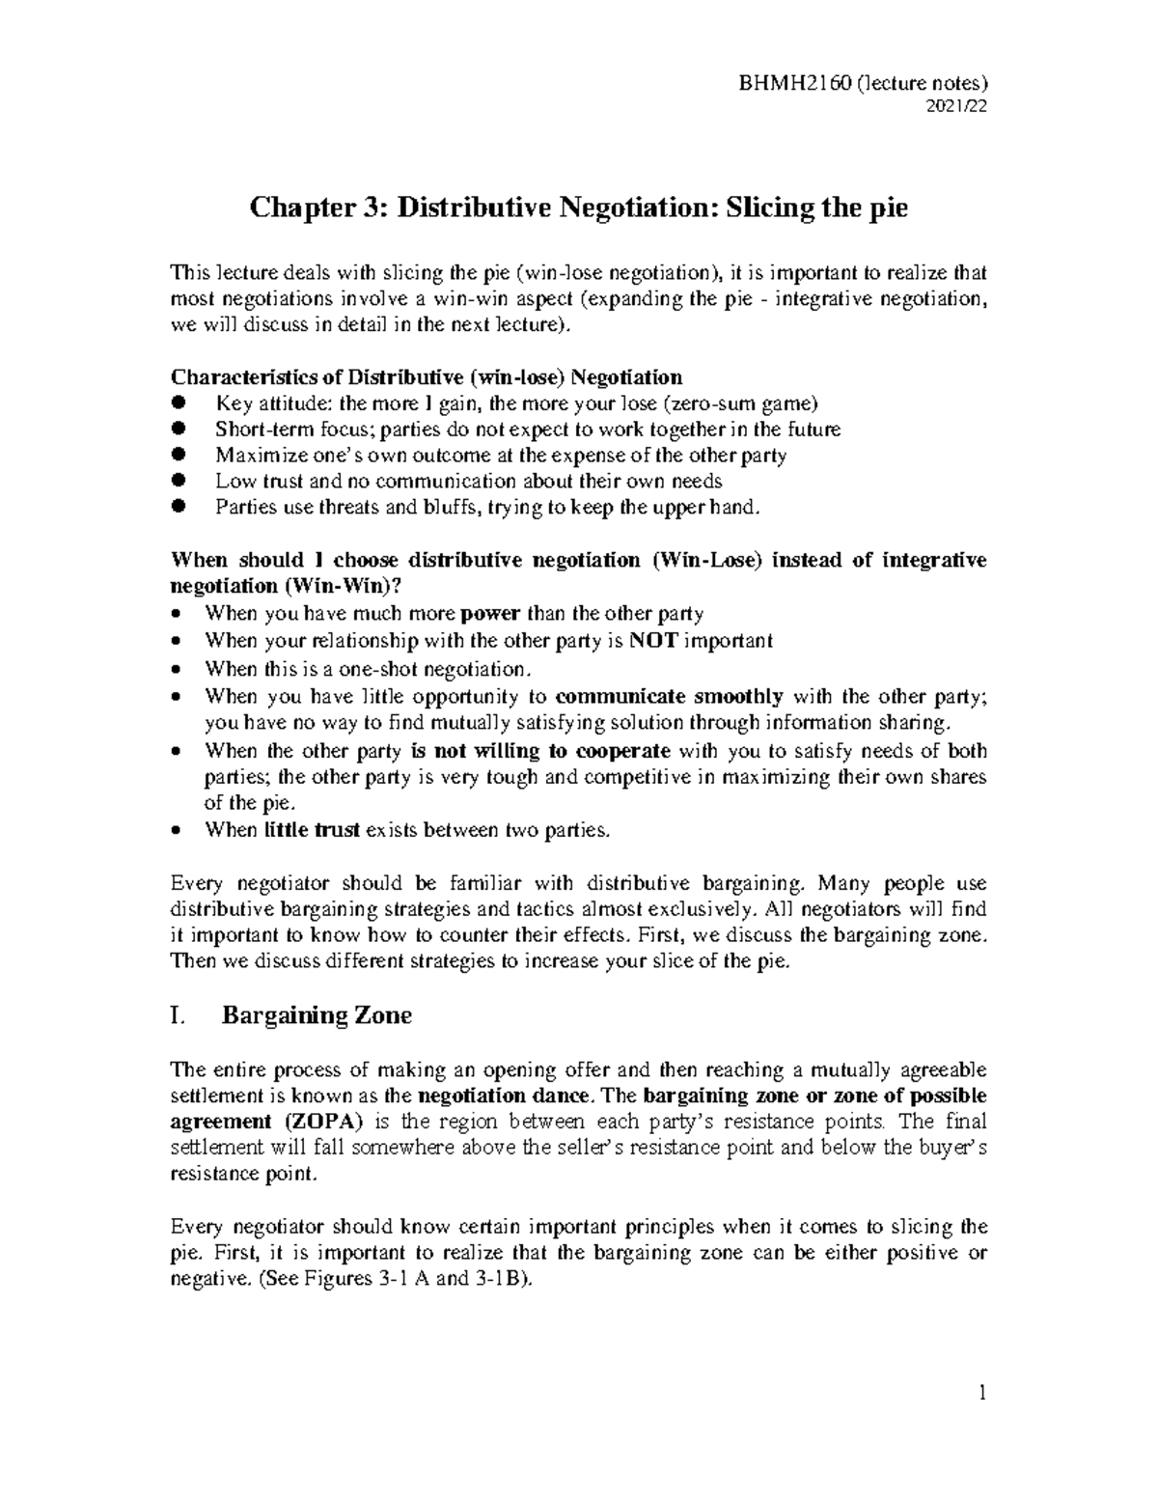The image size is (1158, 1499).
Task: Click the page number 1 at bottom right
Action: pyautogui.click(x=981, y=1393)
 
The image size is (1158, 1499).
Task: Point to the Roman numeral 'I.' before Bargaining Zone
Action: pyautogui.click(x=177, y=1015)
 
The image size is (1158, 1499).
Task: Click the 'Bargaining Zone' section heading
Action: pyautogui.click(x=317, y=1015)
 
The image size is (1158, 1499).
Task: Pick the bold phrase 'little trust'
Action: pyautogui.click(x=312, y=829)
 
